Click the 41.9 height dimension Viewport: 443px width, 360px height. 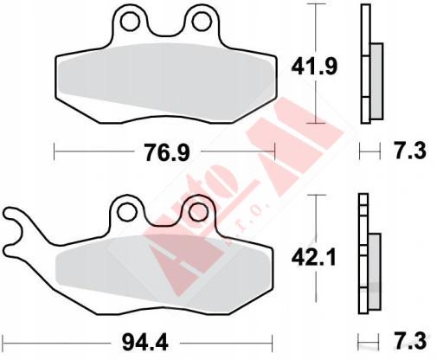tap(314, 67)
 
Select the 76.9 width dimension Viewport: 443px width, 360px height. tap(167, 153)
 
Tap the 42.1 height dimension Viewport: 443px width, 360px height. tap(314, 257)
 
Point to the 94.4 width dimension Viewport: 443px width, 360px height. tap(144, 343)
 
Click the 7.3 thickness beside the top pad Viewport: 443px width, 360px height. tap(410, 151)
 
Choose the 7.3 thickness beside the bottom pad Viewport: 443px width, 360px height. tap(410, 341)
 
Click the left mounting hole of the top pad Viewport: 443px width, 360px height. tap(130, 21)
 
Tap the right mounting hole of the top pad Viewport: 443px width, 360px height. tap(202, 21)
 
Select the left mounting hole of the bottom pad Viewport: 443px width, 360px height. tap(126, 212)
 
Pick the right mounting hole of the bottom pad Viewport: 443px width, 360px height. tap(198, 212)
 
